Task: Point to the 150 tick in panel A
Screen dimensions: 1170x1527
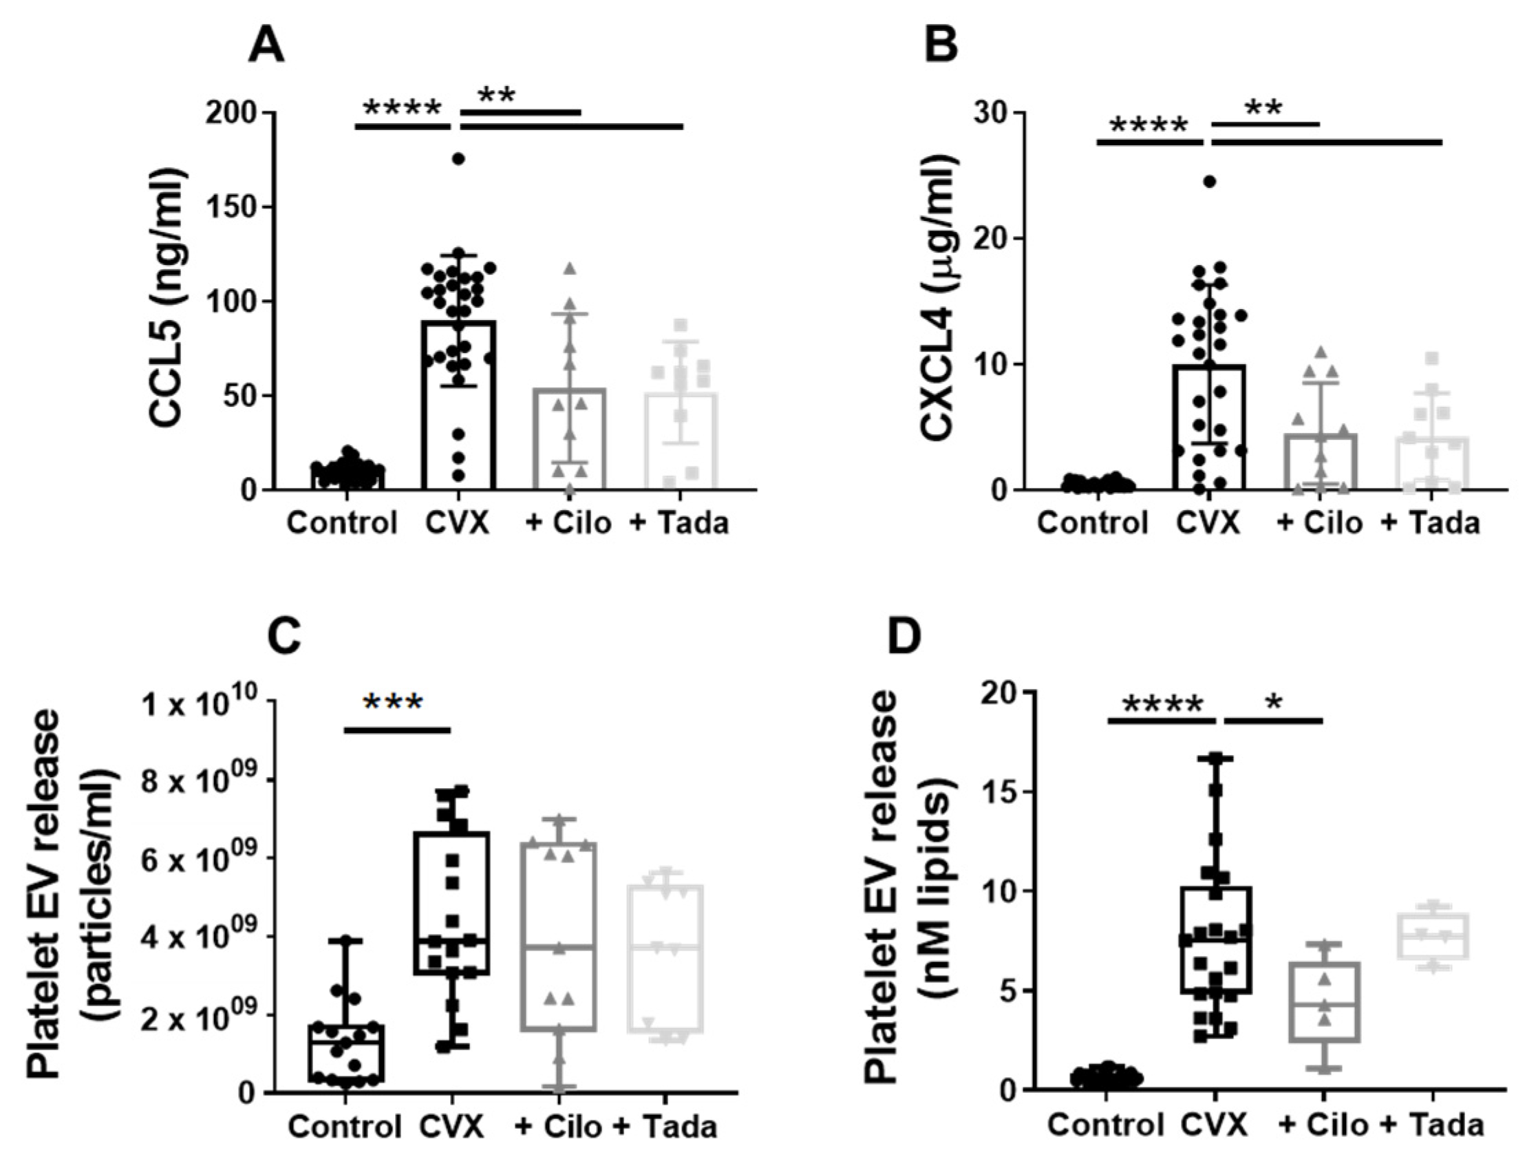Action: [233, 207]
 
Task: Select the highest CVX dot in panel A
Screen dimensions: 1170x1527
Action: [458, 159]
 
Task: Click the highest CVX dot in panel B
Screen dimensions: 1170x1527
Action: [1210, 182]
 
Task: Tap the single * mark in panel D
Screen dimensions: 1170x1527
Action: [1274, 703]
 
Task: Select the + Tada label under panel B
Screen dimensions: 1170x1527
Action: [1429, 522]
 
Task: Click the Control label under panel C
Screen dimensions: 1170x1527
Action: [345, 1126]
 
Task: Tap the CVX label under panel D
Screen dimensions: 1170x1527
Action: [1215, 1125]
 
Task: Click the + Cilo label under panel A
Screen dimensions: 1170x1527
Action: [568, 522]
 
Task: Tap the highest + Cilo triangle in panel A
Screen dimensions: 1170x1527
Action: [570, 268]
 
